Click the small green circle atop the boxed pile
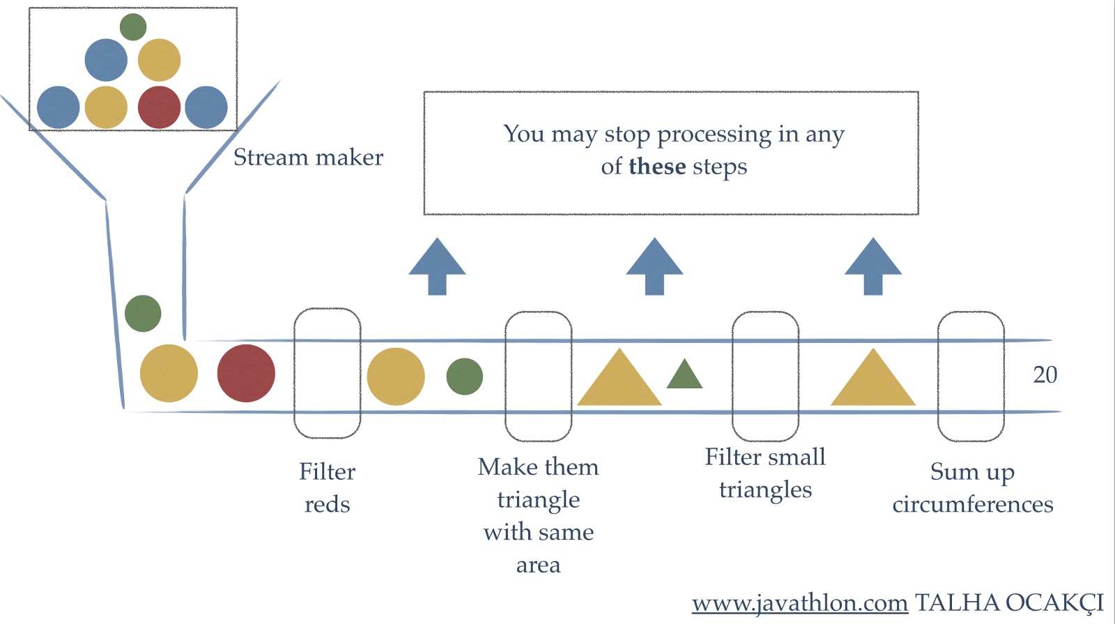(x=133, y=27)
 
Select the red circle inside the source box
(x=159, y=107)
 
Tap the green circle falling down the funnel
(x=143, y=314)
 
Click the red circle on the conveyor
(x=246, y=374)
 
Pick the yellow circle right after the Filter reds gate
(x=396, y=376)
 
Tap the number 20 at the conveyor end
(x=1045, y=375)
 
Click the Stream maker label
(x=308, y=158)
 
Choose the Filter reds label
(x=327, y=487)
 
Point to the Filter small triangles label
(x=765, y=473)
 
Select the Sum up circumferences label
(x=973, y=487)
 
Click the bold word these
(x=657, y=167)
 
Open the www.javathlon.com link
(x=799, y=602)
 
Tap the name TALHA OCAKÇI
(x=1009, y=602)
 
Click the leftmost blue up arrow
(x=437, y=266)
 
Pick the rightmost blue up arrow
(x=873, y=266)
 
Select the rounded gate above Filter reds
(x=327, y=373)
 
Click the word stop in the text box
(x=626, y=134)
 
